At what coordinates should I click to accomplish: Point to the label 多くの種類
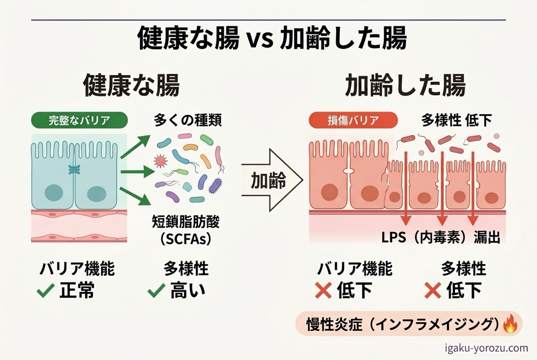pyautogui.click(x=188, y=121)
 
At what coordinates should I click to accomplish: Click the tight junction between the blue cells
pyautogui.click(x=74, y=170)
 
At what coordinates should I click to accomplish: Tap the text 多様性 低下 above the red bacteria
pyautogui.click(x=457, y=121)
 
